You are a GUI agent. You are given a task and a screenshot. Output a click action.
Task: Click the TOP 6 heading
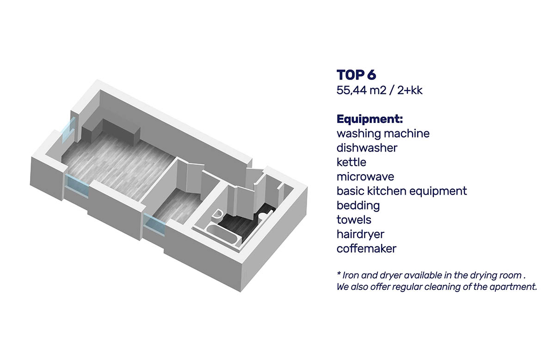[x=356, y=75]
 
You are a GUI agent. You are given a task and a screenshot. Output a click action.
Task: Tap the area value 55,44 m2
[x=361, y=91]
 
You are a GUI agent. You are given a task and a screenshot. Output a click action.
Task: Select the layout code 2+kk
[x=410, y=91]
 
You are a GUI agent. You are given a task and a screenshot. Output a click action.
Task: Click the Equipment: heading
[x=370, y=119]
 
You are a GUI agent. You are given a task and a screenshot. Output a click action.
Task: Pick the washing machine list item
[x=383, y=134]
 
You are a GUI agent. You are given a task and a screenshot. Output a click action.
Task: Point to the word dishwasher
[x=367, y=148]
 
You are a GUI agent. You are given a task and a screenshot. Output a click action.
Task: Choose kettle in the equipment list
[x=351, y=162]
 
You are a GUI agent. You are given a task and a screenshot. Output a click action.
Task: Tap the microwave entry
[x=365, y=177]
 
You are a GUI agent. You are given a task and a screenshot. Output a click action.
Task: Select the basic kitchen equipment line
[x=401, y=191]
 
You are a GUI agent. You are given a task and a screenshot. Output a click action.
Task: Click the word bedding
[x=358, y=206]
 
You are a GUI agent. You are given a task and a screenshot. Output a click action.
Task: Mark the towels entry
[x=354, y=220]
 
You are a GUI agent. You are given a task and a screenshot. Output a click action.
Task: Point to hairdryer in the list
[x=360, y=234]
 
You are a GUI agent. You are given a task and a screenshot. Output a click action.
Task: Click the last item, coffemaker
[x=366, y=249]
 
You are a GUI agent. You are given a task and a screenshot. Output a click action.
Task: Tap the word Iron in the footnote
[x=349, y=275]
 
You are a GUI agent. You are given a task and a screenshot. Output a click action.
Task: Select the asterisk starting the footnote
[x=339, y=274]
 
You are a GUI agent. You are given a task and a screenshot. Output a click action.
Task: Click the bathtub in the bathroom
[x=222, y=233]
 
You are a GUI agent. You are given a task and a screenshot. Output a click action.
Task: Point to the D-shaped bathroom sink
[x=217, y=214]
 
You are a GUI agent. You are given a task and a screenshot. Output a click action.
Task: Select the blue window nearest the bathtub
[x=154, y=226]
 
